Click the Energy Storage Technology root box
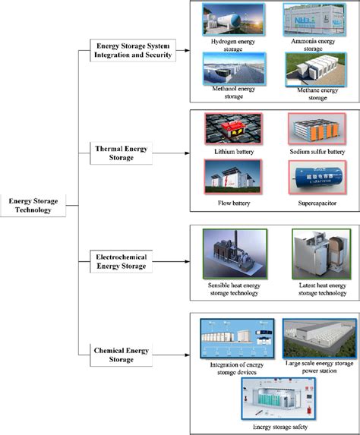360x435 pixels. pyautogui.click(x=31, y=206)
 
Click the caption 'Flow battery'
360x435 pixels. pyautogui.click(x=235, y=203)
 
